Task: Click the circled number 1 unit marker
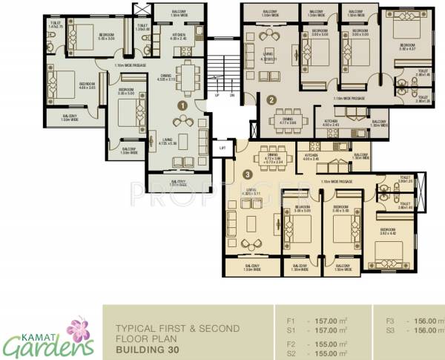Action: pyautogui.click(x=182, y=106)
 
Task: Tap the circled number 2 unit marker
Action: pyautogui.click(x=271, y=99)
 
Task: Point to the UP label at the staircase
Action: pyautogui.click(x=217, y=95)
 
